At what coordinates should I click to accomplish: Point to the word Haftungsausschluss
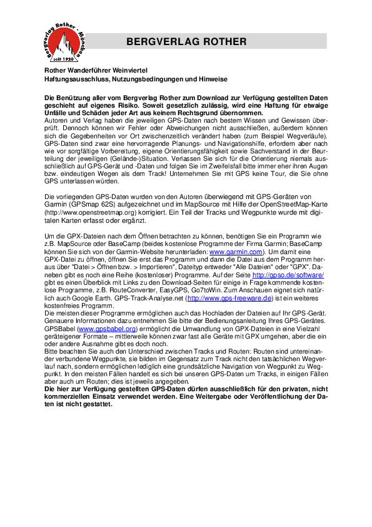73,80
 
